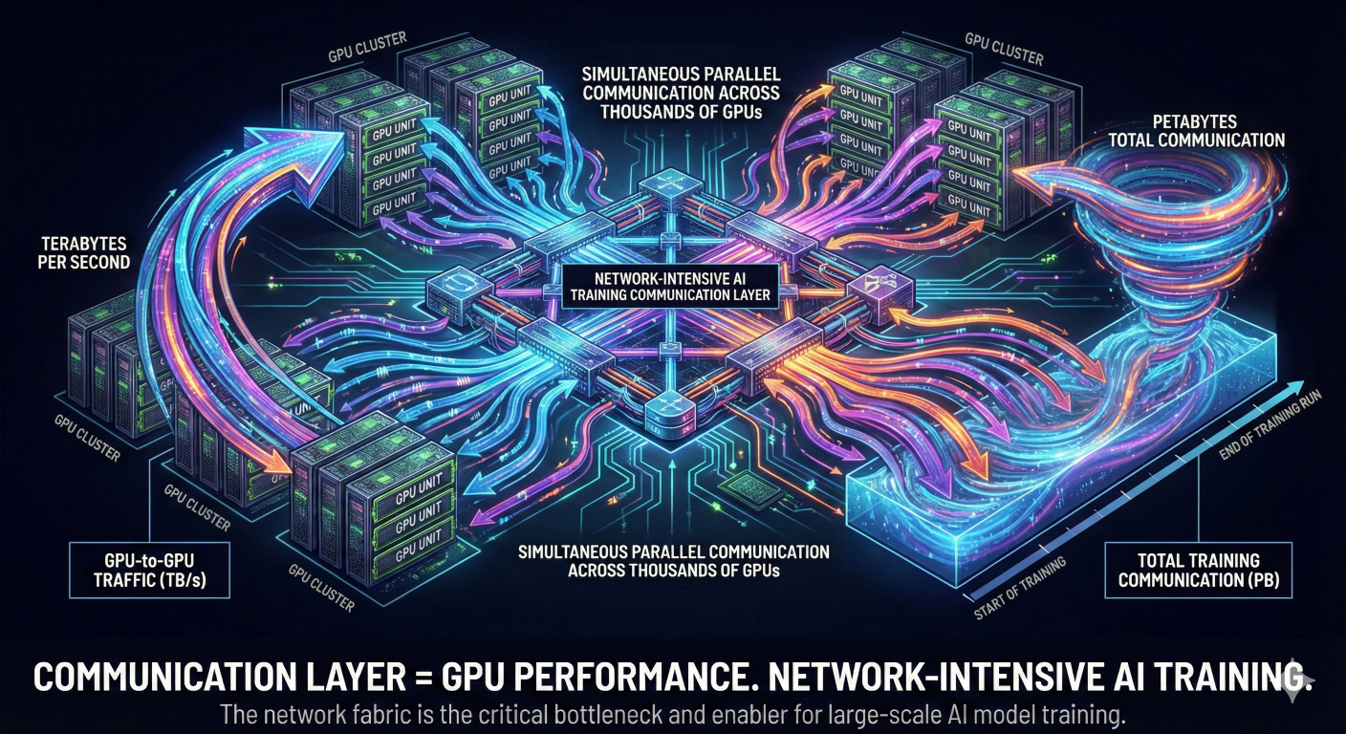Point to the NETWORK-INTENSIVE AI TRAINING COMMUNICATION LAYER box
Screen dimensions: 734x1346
pos(670,287)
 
